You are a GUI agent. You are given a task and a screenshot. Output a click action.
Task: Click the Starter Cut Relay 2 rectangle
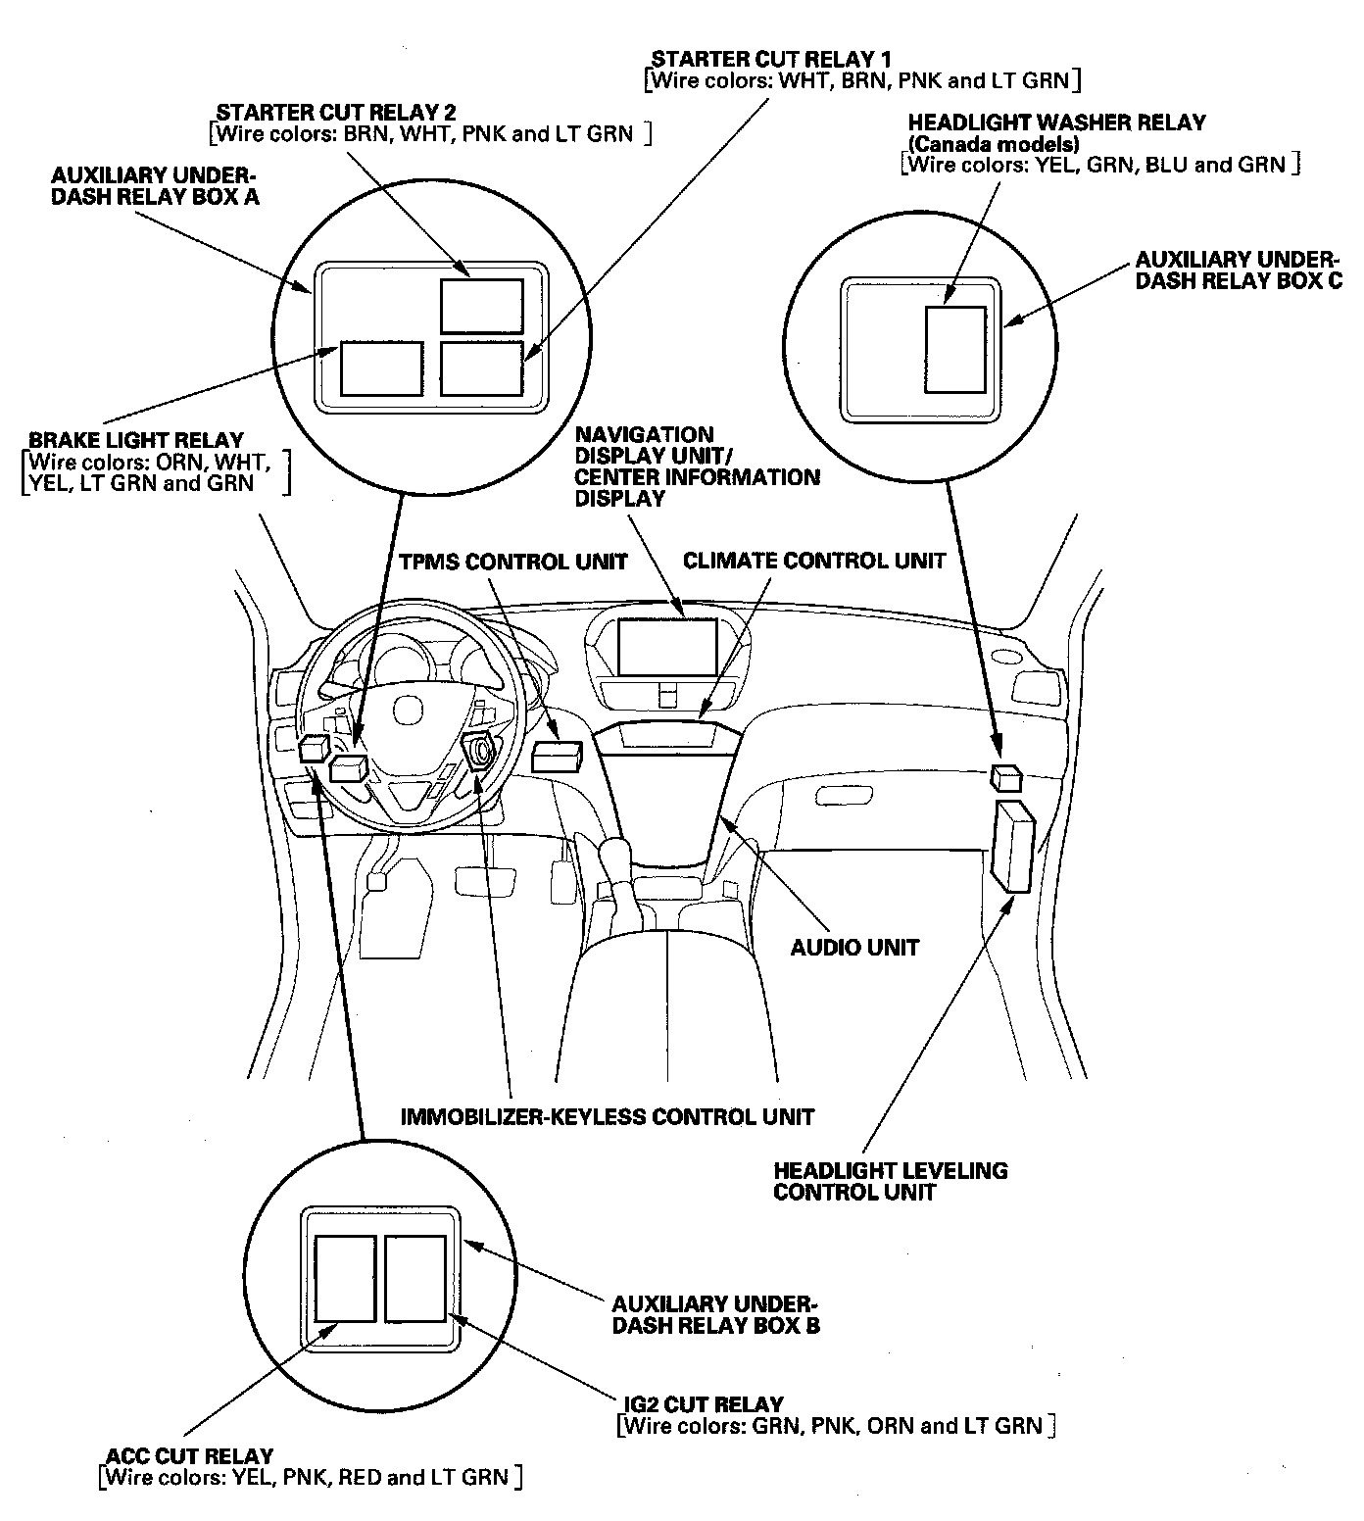pyautogui.click(x=481, y=306)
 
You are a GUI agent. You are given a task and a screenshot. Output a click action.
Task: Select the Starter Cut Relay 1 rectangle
pyautogui.click(x=481, y=368)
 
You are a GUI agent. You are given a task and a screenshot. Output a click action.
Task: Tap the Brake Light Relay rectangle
pyautogui.click(x=381, y=368)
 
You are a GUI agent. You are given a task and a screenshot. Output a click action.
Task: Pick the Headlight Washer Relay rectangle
pyautogui.click(x=955, y=349)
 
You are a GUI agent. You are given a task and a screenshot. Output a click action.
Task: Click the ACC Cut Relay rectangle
pyautogui.click(x=345, y=1278)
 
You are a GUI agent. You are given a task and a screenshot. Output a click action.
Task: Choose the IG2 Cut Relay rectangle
pyautogui.click(x=415, y=1278)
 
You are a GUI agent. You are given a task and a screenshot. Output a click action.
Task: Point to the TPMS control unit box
pyautogui.click(x=558, y=755)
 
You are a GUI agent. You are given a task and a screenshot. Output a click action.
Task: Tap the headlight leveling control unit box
pyautogui.click(x=1014, y=846)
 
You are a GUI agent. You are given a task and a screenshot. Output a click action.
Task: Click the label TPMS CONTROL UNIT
pyautogui.click(x=512, y=563)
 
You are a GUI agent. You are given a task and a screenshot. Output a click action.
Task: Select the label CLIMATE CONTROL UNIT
pyautogui.click(x=814, y=562)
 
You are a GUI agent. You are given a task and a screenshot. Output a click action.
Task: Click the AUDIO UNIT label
pyautogui.click(x=854, y=948)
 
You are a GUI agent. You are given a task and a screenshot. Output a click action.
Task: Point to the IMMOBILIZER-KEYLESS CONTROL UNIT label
pyautogui.click(x=608, y=1116)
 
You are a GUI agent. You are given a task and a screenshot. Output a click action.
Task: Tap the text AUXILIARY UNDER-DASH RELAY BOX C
pyautogui.click(x=1238, y=270)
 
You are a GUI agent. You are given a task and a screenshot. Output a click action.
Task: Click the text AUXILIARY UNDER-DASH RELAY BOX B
pyautogui.click(x=715, y=1315)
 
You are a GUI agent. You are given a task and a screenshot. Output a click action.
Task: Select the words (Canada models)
pyautogui.click(x=994, y=144)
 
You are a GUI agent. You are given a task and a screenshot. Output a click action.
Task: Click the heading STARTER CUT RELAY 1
pyautogui.click(x=771, y=60)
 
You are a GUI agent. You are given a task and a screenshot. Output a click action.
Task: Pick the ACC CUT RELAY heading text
pyautogui.click(x=191, y=1456)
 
